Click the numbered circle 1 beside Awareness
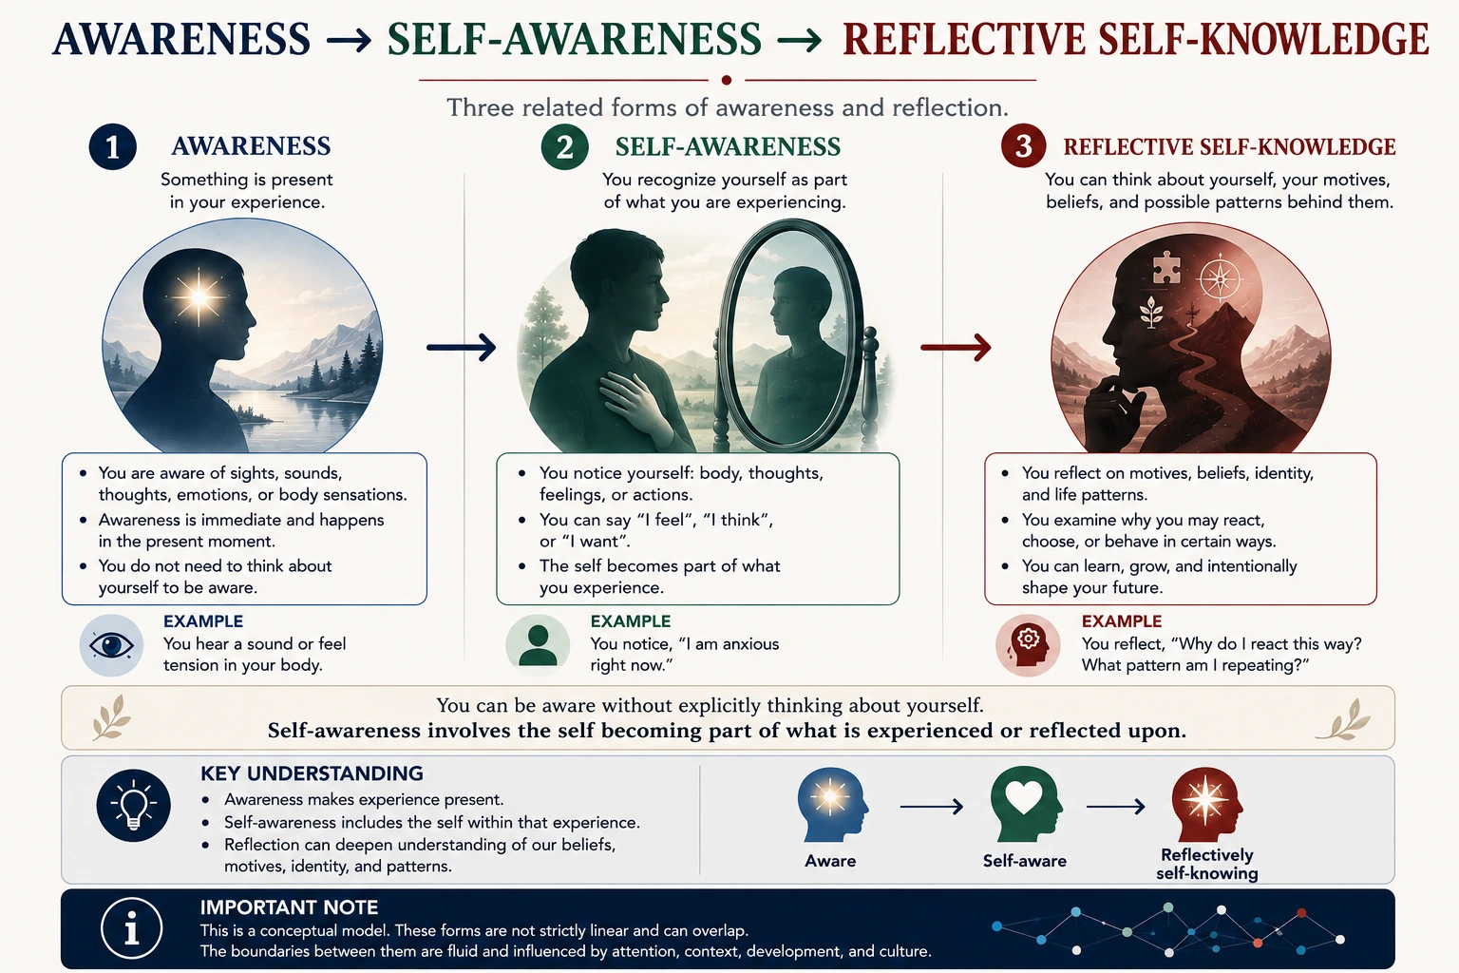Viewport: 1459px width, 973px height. [113, 146]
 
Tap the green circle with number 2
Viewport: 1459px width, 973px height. [565, 146]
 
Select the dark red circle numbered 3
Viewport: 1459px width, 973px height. [1023, 146]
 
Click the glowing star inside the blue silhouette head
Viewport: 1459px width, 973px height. [199, 297]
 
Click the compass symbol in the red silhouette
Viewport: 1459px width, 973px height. [1220, 279]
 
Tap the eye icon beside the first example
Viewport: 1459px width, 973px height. [111, 645]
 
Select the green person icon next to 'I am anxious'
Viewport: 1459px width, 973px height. [538, 645]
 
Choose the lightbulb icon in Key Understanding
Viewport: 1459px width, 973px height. [134, 806]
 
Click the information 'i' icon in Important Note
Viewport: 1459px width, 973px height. [132, 928]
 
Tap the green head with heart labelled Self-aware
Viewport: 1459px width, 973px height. [1026, 804]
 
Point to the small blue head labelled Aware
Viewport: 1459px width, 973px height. [832, 804]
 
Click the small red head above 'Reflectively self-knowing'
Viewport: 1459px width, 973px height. [1206, 804]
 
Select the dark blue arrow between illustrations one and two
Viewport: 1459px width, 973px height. [461, 348]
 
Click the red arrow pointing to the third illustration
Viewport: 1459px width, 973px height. [956, 348]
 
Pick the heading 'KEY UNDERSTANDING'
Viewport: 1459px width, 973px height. [312, 773]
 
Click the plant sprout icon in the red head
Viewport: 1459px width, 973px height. [1152, 312]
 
